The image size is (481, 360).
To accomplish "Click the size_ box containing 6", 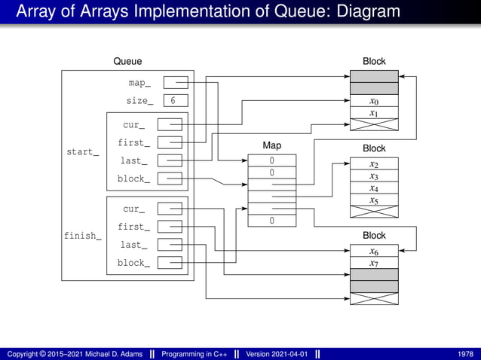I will (175, 100).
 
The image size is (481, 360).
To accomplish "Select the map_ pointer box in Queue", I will (175, 82).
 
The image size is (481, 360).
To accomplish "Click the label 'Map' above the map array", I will (271, 145).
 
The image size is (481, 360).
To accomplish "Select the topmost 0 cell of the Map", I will (271, 160).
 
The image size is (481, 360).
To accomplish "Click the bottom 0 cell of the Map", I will (271, 221).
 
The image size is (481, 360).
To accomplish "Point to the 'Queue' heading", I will (127, 61).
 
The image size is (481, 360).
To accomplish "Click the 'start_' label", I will (82, 151).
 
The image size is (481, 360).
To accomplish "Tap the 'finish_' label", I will (82, 236).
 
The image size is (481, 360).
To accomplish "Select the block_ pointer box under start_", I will (170, 178).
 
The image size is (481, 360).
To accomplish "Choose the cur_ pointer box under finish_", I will (170, 209).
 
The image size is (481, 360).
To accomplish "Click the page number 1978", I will (465, 354).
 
